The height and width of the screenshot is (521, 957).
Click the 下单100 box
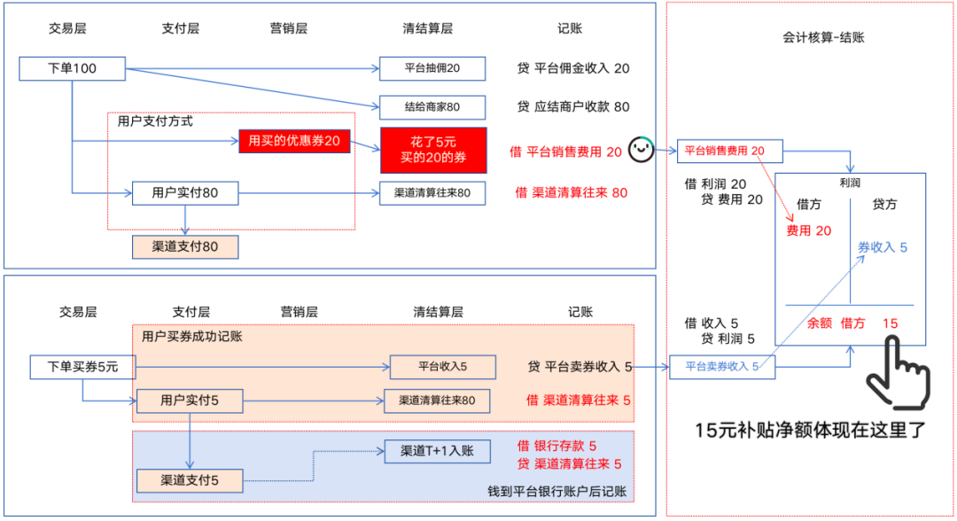[x=72, y=68]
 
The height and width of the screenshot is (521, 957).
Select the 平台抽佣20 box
[x=432, y=68]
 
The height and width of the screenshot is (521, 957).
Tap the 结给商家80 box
[x=432, y=107]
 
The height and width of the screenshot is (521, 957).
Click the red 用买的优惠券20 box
[x=295, y=141]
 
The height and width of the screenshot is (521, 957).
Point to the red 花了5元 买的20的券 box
[x=433, y=150]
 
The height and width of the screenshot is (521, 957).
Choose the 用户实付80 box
[x=185, y=192]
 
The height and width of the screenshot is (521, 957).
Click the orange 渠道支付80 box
[x=184, y=246]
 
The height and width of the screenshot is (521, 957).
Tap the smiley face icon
[x=642, y=150]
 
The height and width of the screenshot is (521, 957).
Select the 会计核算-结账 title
[x=823, y=38]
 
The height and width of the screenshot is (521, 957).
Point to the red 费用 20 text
[x=808, y=230]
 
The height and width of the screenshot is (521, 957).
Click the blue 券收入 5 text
[x=882, y=247]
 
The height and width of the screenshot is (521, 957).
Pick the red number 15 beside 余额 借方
[x=890, y=323]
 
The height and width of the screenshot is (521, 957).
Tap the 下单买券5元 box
[x=74, y=366]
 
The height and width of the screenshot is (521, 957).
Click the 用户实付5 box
[x=189, y=400]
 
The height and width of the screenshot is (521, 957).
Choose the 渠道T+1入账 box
[x=437, y=450]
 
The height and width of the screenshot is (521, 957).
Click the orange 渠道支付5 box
[x=189, y=481]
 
